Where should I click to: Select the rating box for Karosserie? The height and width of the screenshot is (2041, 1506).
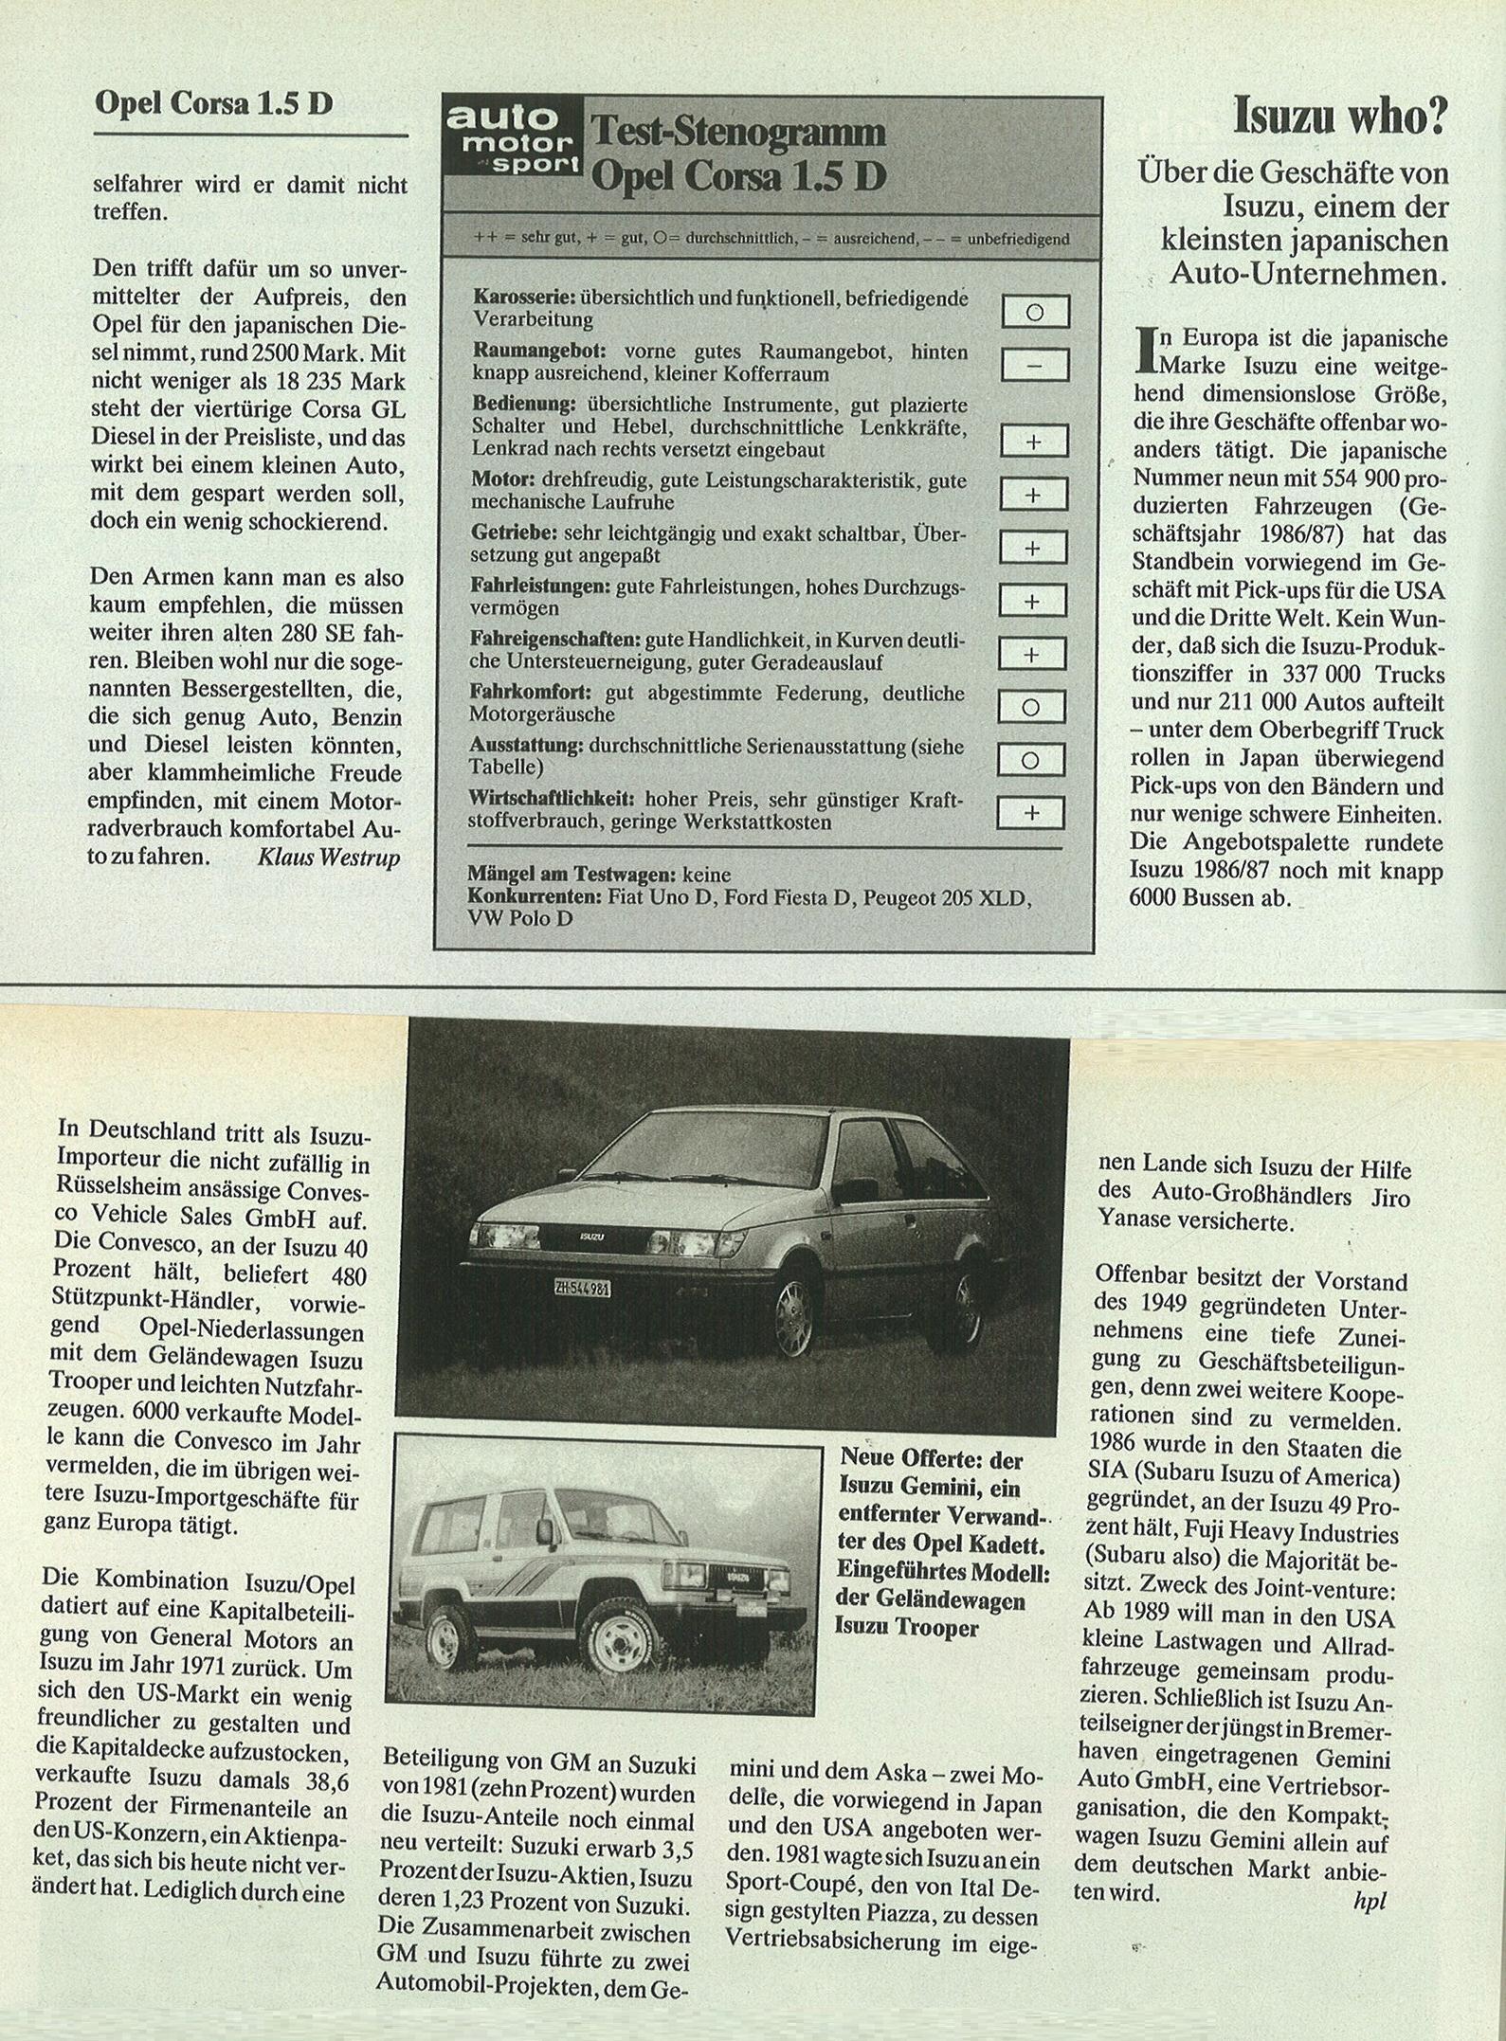tap(1035, 312)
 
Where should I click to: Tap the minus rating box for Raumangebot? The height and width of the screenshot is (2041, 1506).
tap(1035, 365)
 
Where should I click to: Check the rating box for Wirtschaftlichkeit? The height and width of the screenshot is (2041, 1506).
tap(1031, 812)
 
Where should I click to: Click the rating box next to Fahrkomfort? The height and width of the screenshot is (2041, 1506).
tap(1032, 707)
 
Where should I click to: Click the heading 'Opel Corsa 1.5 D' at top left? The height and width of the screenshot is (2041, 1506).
tap(214, 103)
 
